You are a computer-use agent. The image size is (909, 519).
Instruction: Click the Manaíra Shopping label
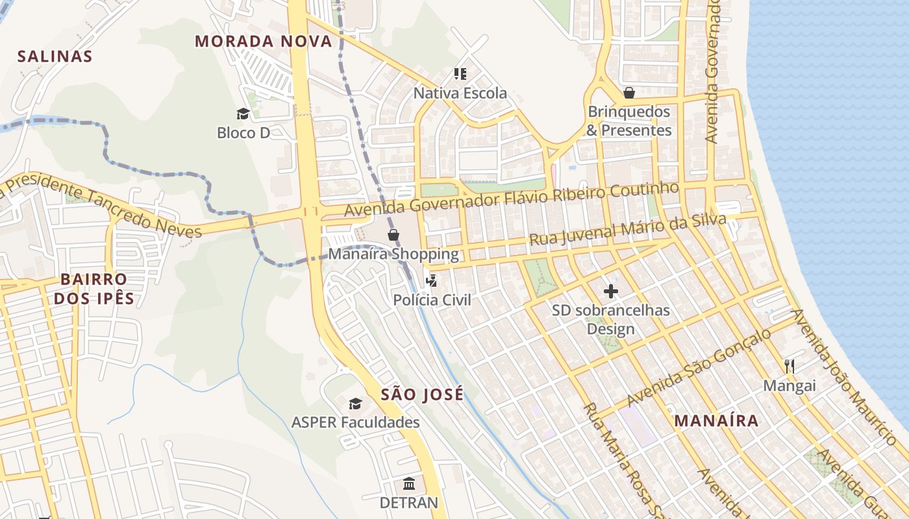pos(393,254)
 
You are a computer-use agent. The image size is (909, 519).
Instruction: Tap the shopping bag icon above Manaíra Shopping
pos(393,235)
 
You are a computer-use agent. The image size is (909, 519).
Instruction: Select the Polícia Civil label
pos(432,300)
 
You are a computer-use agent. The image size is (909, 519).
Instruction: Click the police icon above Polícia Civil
pos(431,281)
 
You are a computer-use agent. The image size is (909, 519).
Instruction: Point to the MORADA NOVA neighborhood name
pos(264,42)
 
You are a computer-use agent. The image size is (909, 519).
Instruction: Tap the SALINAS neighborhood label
pos(55,56)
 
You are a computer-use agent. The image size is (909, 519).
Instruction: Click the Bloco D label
pos(243,133)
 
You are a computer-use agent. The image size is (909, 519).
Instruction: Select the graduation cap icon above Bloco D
pos(243,114)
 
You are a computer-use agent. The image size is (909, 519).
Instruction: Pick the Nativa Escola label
pos(460,93)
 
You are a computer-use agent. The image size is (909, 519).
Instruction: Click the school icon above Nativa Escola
pos(460,74)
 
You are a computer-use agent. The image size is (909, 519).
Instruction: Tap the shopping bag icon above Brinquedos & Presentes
pos(629,93)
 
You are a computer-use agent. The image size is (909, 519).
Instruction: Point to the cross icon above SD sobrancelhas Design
pos(610,291)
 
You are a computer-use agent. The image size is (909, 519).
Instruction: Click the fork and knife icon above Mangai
pos(789,367)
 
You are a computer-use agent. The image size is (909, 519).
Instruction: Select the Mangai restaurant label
pos(789,386)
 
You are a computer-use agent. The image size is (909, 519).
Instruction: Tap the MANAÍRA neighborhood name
pos(716,420)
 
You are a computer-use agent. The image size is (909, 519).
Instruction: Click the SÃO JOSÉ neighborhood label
pos(422,394)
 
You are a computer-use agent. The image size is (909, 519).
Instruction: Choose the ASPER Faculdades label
pos(355,422)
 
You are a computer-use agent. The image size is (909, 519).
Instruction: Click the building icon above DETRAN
pos(409,483)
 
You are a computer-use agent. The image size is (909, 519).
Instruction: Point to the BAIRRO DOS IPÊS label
pos(94,289)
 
